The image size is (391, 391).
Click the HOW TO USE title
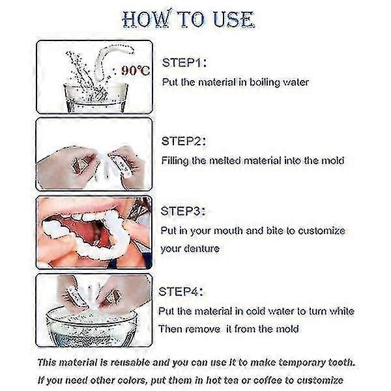tap(188, 19)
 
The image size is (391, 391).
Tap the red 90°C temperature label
tap(136, 70)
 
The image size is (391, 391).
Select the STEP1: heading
tap(184, 63)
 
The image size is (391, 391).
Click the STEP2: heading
tap(184, 141)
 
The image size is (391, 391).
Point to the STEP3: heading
tap(183, 211)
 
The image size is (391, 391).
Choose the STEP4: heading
tap(181, 291)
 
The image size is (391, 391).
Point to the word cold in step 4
tap(255, 311)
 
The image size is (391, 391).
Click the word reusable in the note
tap(130, 362)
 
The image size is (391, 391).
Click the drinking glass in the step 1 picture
tap(96, 98)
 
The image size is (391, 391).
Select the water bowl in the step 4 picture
tap(91, 326)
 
